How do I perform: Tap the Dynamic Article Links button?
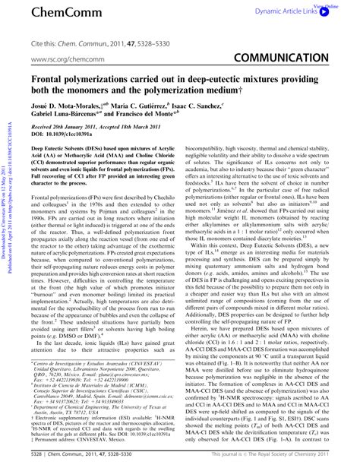pyautogui.click(x=296, y=13)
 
